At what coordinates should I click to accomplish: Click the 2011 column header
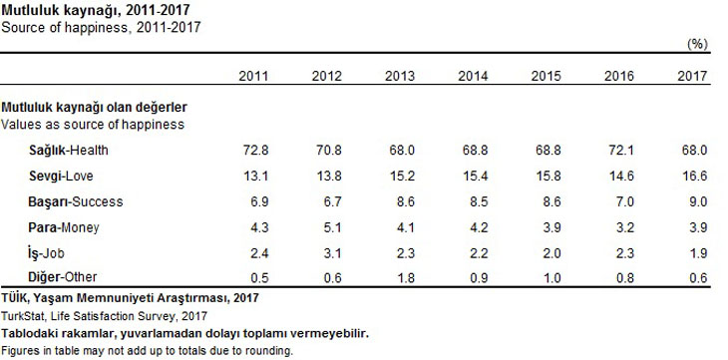click(x=253, y=76)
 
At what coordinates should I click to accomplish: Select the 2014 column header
click(x=473, y=76)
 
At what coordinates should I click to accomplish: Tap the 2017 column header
click(x=692, y=76)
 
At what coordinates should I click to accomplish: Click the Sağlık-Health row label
click(x=69, y=151)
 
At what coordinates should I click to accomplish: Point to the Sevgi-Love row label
click(x=61, y=177)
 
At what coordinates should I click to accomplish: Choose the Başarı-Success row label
click(x=76, y=201)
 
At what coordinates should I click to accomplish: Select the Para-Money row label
click(x=64, y=227)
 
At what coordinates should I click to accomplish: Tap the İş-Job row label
click(x=46, y=252)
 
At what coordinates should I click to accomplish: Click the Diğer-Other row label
click(x=63, y=277)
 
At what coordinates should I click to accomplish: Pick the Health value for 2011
click(x=256, y=151)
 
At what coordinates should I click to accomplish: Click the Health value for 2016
click(x=621, y=151)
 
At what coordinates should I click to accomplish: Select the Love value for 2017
click(x=694, y=177)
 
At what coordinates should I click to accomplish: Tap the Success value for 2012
click(x=332, y=201)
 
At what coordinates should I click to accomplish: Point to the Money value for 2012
click(x=332, y=227)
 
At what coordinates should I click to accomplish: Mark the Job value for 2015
click(x=551, y=253)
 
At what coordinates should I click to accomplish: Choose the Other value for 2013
click(x=405, y=278)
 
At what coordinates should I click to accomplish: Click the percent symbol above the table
click(x=697, y=44)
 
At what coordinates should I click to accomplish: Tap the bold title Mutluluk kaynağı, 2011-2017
click(x=96, y=10)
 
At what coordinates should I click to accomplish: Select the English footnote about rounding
click(x=148, y=350)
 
